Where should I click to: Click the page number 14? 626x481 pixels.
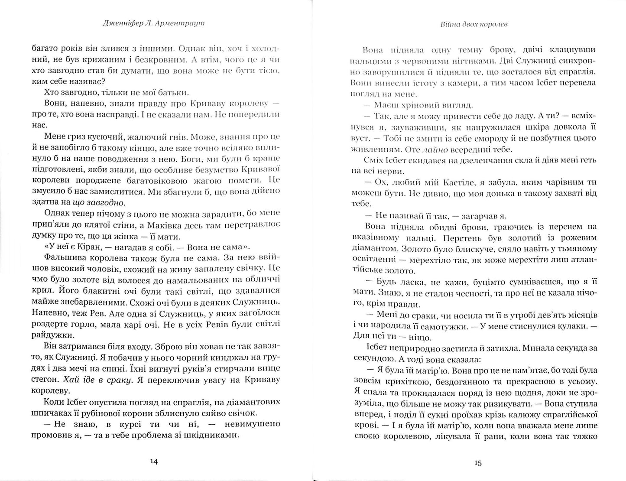click(154, 461)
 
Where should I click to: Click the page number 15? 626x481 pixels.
click(477, 462)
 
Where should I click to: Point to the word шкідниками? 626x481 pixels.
click(216, 435)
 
